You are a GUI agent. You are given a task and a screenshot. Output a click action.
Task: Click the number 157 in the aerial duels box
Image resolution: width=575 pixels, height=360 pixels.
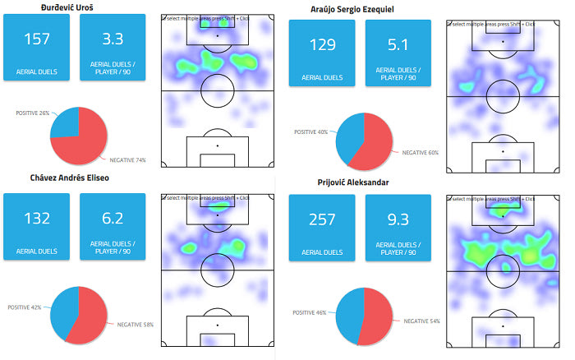[37, 39]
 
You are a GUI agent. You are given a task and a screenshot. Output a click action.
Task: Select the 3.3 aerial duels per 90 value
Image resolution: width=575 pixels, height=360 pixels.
[113, 39]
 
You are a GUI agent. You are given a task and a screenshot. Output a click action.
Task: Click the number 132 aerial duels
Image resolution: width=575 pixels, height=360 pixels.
[37, 218]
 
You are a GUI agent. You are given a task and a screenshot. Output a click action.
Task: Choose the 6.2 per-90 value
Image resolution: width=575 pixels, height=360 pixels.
[113, 218]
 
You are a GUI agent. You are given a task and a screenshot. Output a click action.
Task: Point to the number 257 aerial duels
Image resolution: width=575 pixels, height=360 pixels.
[322, 219]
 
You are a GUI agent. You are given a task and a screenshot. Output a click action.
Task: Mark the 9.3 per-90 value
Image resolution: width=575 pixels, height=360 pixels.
[398, 219]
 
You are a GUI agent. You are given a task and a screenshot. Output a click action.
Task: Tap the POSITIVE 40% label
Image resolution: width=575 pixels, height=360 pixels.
[311, 132]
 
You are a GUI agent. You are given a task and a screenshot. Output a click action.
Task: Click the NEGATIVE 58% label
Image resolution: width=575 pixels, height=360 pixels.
[136, 325]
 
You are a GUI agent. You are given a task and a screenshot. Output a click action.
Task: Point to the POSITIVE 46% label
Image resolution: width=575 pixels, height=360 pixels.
[311, 312]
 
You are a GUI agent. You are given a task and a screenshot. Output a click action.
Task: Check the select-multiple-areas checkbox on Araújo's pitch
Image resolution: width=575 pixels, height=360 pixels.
[450, 23]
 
